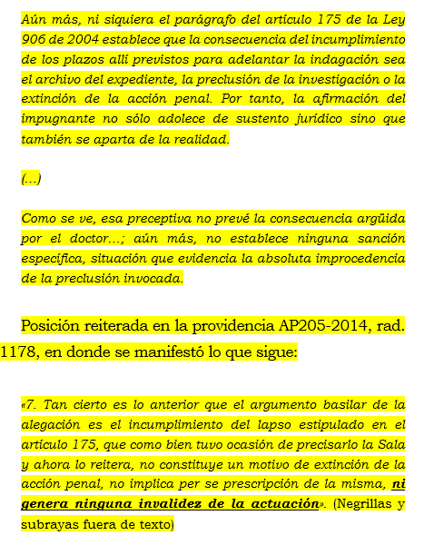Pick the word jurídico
click(x=301, y=119)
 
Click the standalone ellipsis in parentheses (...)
click(x=31, y=179)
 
